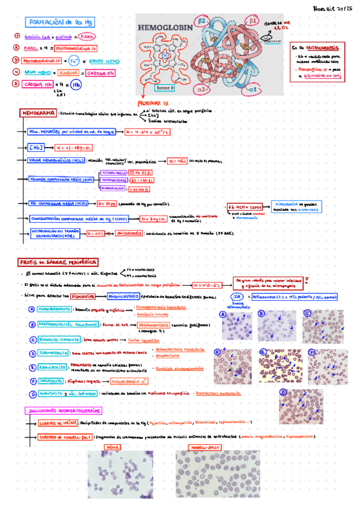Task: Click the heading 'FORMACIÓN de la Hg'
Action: click(x=62, y=22)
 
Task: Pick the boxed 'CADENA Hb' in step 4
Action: click(x=101, y=73)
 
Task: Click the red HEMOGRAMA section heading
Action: click(x=40, y=112)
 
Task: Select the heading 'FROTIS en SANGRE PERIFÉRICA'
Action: click(x=57, y=262)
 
